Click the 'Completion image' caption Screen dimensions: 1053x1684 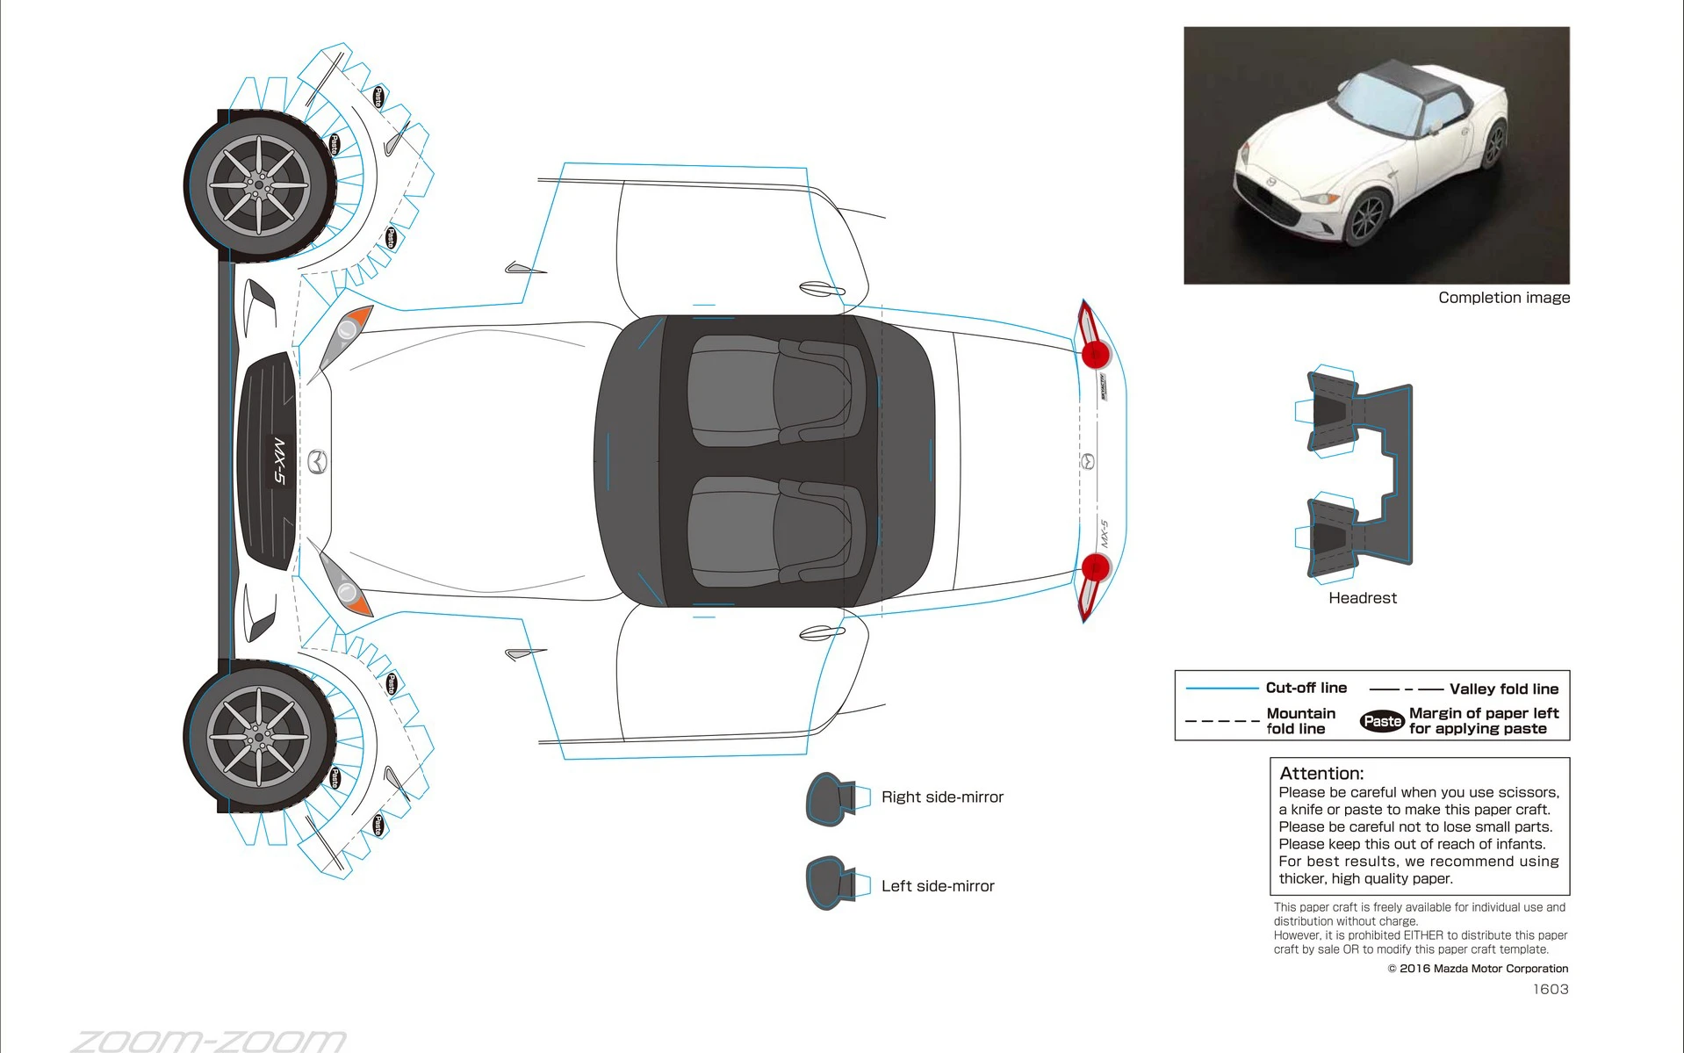click(x=1503, y=298)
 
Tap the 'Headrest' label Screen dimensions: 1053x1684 click(x=1362, y=598)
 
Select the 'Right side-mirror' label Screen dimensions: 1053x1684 click(x=941, y=797)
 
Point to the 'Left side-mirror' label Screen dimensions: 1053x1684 click(x=937, y=886)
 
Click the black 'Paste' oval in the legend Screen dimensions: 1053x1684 click(x=1382, y=721)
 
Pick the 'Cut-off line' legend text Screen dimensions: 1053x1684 click(x=1306, y=688)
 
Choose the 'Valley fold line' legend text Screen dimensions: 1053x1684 click(x=1503, y=689)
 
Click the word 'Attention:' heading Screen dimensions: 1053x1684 click(x=1321, y=774)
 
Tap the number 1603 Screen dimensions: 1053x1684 click(x=1551, y=989)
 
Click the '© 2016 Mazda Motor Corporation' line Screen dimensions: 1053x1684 click(x=1478, y=969)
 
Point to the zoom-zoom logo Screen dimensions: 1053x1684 click(x=209, y=1041)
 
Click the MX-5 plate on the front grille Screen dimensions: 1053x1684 click(x=278, y=461)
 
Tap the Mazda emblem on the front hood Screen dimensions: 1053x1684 click(x=317, y=461)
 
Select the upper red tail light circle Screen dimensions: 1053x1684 click(x=1095, y=354)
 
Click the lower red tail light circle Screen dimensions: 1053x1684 click(x=1095, y=568)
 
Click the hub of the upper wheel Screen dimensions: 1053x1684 click(x=259, y=185)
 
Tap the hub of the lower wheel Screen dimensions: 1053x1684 click(x=259, y=736)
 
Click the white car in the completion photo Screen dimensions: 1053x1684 click(x=1370, y=162)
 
